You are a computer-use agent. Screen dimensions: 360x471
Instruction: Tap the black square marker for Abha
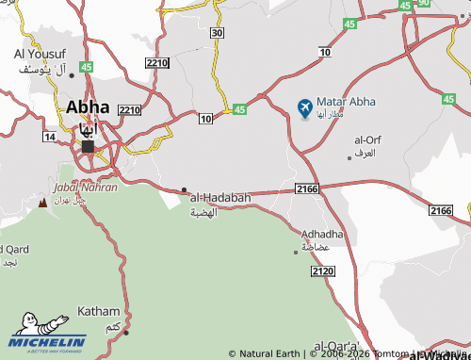(88, 146)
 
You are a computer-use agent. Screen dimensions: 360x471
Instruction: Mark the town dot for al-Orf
(349, 157)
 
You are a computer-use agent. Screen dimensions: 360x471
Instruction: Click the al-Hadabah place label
(220, 197)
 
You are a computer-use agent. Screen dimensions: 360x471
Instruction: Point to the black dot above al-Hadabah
(184, 189)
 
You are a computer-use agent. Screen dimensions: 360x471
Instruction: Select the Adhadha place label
(322, 233)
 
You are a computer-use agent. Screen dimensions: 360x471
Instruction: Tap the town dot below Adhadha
(296, 252)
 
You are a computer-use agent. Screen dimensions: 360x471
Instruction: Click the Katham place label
(99, 311)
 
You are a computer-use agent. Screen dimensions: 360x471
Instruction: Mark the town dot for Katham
(126, 332)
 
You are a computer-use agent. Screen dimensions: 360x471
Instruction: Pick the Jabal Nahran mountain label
(86, 188)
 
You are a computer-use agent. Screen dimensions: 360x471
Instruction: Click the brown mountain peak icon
(41, 203)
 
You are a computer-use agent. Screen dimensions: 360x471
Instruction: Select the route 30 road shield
(218, 33)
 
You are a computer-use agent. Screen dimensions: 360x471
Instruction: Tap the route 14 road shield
(49, 137)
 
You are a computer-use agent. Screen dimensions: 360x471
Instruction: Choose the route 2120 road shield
(322, 271)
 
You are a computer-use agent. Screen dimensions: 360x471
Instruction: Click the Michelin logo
(49, 342)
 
